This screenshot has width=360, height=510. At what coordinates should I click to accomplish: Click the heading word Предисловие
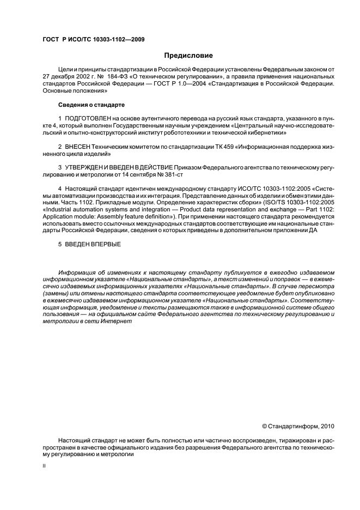tap(188, 56)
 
